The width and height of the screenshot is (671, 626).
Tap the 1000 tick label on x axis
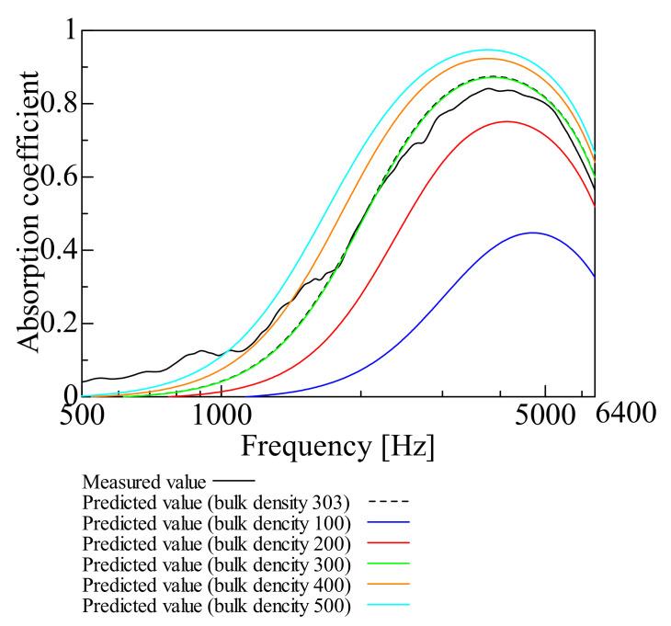point(222,415)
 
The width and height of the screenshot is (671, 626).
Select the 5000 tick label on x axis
point(545,415)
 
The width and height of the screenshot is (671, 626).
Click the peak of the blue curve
point(532,233)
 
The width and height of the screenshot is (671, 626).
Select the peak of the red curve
point(506,121)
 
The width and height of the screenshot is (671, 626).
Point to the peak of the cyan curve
point(486,50)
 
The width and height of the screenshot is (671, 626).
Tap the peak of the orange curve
point(488,58)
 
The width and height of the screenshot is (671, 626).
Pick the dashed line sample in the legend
point(387,502)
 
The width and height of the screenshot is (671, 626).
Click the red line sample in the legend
point(387,543)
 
